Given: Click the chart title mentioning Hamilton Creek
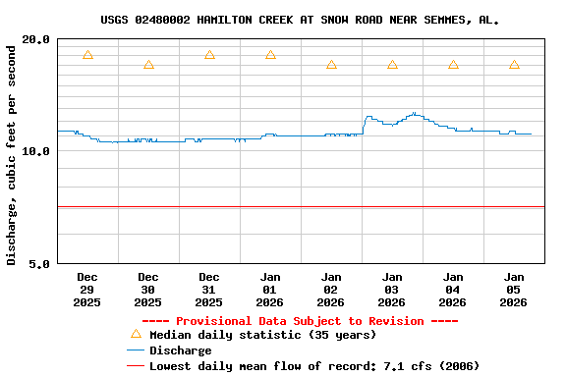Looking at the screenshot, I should (300, 20).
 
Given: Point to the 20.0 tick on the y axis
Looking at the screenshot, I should (36, 39).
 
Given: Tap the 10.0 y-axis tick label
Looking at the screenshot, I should (36, 151).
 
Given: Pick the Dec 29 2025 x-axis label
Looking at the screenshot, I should (87, 290).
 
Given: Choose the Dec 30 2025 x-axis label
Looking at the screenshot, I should (148, 290).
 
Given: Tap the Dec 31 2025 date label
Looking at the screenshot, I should (209, 290).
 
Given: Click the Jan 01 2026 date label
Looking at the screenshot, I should (270, 290).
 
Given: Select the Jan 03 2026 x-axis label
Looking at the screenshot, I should (392, 290).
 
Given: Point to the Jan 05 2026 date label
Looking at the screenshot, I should (514, 290).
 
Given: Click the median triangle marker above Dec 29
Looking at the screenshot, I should (87, 55).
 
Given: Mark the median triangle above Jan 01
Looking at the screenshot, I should (270, 55).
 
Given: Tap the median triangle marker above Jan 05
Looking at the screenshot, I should (514, 65).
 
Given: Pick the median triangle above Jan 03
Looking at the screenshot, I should (392, 65).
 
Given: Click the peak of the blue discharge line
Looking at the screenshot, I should (415, 113).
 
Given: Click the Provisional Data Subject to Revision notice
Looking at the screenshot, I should (300, 321).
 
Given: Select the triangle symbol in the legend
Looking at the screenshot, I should (136, 334).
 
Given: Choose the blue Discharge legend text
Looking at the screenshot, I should (180, 350).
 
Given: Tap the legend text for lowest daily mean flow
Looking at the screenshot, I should (313, 366).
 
